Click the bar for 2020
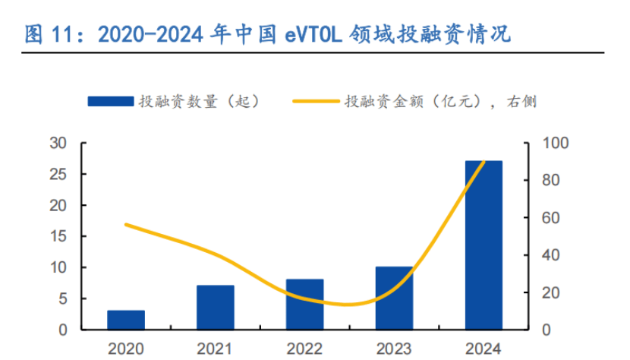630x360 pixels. coord(126,320)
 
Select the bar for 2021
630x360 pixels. coord(216,308)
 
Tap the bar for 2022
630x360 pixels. coord(305,305)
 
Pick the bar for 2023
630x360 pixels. coord(395,298)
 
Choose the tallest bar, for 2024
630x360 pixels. coord(484,245)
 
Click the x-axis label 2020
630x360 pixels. coord(126,349)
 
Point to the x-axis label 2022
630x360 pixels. coord(305,349)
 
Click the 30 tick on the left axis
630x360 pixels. coord(58,144)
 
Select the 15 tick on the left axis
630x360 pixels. coord(58,236)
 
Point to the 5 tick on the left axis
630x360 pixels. coord(61,298)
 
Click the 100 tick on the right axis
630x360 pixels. coord(556,144)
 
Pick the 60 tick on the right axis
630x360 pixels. coord(552,218)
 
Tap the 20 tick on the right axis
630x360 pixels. coord(552,292)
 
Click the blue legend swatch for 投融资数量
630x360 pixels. coord(110,101)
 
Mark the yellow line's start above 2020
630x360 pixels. coord(126,224)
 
